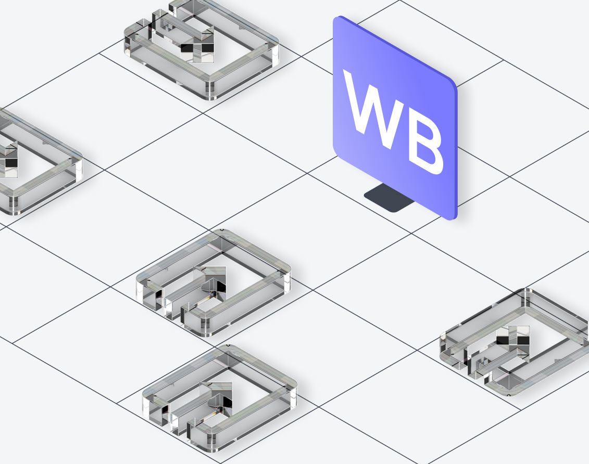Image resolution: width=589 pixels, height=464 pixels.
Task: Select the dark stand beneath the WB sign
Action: [389, 198]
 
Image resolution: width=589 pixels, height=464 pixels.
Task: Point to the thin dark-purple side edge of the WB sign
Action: [456, 150]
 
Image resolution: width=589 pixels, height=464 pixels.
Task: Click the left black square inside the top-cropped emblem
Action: [187, 48]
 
